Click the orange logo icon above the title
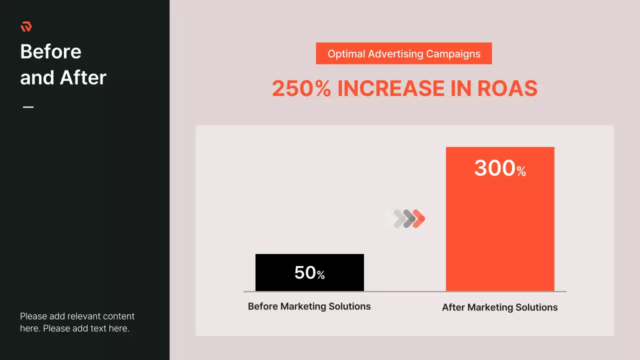click(26, 26)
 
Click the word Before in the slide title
click(50, 51)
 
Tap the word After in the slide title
click(83, 77)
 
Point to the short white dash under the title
click(28, 107)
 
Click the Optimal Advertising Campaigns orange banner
click(403, 53)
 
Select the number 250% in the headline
click(301, 88)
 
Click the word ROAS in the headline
click(507, 88)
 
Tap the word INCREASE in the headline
click(391, 88)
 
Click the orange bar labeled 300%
click(500, 230)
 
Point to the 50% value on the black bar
click(309, 273)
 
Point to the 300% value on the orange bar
click(500, 168)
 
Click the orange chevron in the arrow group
click(419, 218)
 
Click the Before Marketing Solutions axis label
click(309, 306)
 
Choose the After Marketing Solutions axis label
click(499, 307)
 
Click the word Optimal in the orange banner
click(345, 54)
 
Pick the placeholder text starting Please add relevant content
click(77, 322)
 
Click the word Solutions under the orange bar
click(537, 307)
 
